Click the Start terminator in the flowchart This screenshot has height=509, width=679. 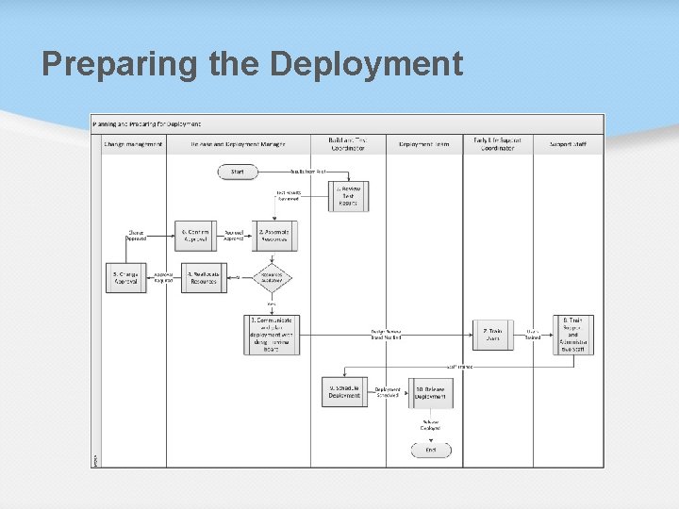238,172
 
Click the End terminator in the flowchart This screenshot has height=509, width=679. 431,451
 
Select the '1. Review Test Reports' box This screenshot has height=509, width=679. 349,196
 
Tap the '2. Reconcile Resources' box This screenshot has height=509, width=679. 274,236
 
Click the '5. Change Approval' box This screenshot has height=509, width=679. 125,278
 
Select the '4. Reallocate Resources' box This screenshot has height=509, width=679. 204,278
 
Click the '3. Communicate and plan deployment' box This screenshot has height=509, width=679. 273,334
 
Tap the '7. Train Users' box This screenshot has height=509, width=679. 493,335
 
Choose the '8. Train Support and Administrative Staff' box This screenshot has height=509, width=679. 573,335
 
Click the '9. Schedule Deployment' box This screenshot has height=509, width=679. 344,392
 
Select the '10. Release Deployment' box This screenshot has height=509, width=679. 430,392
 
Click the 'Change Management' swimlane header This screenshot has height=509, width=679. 134,144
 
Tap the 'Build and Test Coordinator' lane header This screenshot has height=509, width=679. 348,144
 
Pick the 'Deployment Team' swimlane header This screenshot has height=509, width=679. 423,144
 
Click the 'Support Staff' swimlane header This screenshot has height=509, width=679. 568,144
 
